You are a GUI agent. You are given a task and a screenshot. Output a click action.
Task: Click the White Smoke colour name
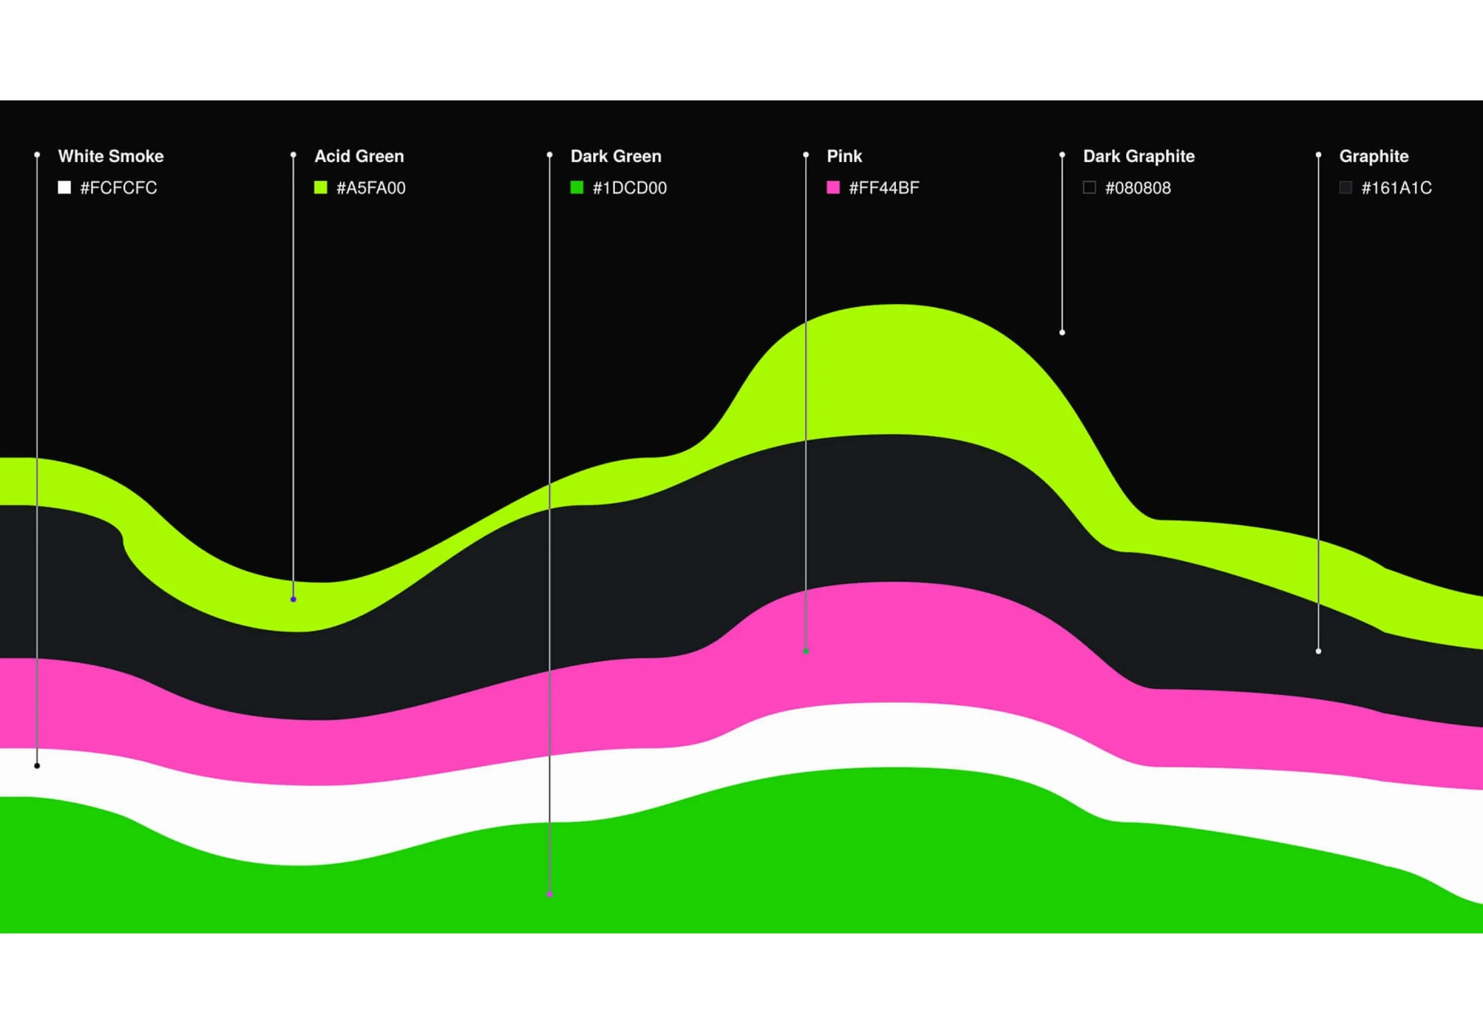pyautogui.click(x=111, y=156)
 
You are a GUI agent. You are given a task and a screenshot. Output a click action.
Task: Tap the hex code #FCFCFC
pyautogui.click(x=118, y=188)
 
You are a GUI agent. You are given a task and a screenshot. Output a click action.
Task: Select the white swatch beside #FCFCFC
pyautogui.click(x=64, y=187)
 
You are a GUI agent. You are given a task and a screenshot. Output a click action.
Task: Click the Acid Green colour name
pyautogui.click(x=359, y=156)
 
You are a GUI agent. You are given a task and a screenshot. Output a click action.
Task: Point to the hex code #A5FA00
pyautogui.click(x=371, y=188)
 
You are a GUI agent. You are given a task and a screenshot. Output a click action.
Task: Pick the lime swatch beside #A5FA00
pyautogui.click(x=320, y=187)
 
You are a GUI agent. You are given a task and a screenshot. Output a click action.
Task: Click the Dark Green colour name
pyautogui.click(x=616, y=156)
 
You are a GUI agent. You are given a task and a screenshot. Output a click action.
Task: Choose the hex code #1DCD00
pyautogui.click(x=629, y=188)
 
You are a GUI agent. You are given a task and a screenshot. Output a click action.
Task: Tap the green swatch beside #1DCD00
pyautogui.click(x=577, y=187)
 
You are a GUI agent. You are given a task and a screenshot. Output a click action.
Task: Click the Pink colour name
pyautogui.click(x=844, y=156)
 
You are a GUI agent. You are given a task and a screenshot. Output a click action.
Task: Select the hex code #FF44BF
pyautogui.click(x=884, y=188)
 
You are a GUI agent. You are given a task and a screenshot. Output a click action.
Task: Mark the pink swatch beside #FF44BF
pyautogui.click(x=833, y=187)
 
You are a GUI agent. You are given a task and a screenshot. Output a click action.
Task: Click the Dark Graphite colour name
pyautogui.click(x=1139, y=156)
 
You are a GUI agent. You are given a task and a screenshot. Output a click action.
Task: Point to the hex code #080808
pyautogui.click(x=1137, y=188)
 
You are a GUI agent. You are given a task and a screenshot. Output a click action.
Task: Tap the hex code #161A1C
pyautogui.click(x=1396, y=188)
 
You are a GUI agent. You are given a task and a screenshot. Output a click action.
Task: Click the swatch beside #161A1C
pyautogui.click(x=1345, y=187)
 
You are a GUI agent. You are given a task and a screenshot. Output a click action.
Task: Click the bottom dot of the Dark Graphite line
pyautogui.click(x=1062, y=332)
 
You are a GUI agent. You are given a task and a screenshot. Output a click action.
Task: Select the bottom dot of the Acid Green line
pyautogui.click(x=293, y=599)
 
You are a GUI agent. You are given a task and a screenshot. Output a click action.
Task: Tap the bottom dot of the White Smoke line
pyautogui.click(x=37, y=766)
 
